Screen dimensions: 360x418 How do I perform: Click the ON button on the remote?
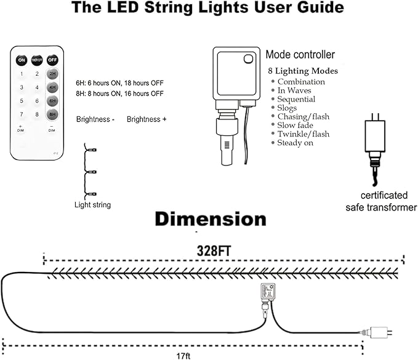click(22, 60)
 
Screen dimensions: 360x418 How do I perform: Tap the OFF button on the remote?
click(52, 60)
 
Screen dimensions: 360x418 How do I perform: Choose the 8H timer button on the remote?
click(53, 114)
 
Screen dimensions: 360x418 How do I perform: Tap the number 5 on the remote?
click(22, 101)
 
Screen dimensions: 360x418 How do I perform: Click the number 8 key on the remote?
click(37, 114)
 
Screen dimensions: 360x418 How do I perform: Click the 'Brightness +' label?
click(147, 119)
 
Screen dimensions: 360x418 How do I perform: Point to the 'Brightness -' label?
click(95, 119)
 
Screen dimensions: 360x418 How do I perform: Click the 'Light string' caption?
click(92, 205)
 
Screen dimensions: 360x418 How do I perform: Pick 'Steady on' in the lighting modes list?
click(295, 143)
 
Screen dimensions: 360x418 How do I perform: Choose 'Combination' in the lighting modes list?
click(301, 82)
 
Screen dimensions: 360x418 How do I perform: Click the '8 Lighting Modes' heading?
click(302, 71)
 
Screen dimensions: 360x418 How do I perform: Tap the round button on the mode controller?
click(248, 58)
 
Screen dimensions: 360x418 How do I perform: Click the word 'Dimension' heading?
click(211, 219)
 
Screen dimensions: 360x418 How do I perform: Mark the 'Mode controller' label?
click(300, 55)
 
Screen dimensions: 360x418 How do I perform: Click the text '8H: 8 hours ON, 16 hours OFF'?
click(119, 94)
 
